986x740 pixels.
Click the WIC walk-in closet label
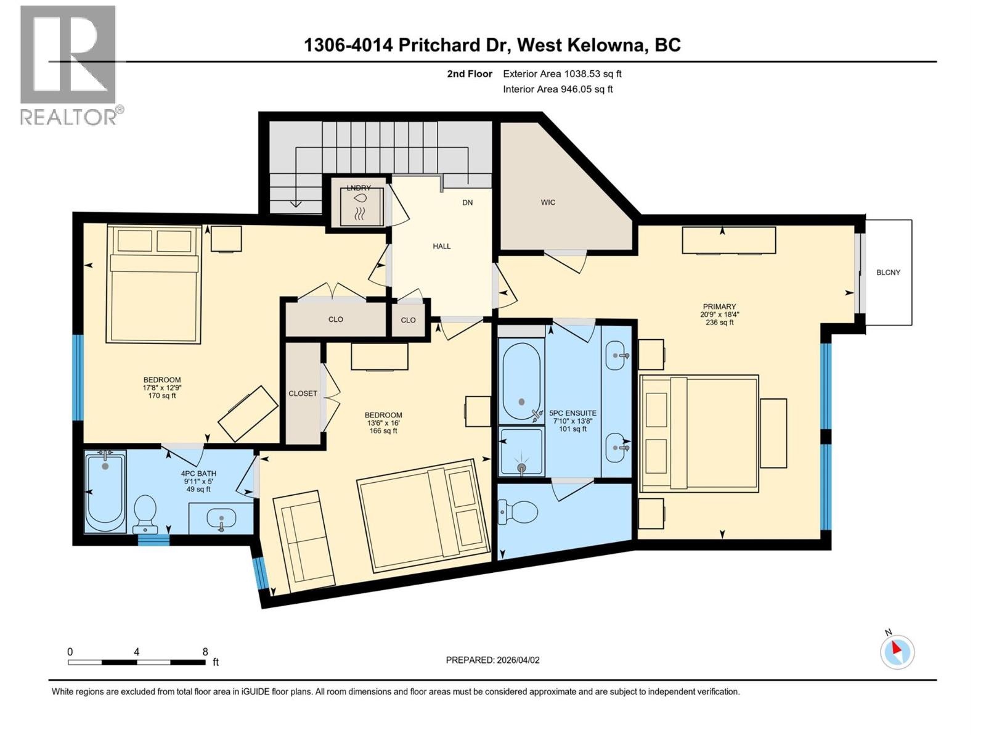[548, 202]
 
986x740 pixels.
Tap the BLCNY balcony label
[888, 273]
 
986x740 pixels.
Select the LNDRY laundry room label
[358, 187]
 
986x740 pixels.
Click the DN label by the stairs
[468, 202]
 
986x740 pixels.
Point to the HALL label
[441, 246]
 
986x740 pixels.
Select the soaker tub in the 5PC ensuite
[521, 381]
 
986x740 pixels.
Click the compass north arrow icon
[897, 652]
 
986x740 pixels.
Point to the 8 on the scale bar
[205, 652]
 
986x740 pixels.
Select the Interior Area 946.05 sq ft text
[558, 89]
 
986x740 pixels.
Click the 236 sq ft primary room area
[719, 322]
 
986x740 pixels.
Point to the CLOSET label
[303, 393]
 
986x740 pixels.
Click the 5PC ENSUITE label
[572, 413]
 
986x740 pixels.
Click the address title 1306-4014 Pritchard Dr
[407, 45]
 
